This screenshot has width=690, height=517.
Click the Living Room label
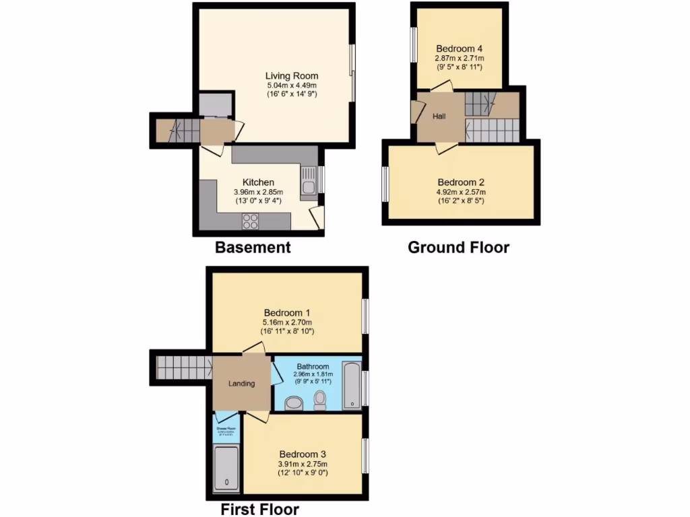pos(291,76)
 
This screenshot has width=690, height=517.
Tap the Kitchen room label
pos(258,182)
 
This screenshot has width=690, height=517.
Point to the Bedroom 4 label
pos(459,48)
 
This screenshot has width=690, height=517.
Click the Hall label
pos(439,116)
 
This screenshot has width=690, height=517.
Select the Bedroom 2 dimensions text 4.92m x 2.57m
pos(461,192)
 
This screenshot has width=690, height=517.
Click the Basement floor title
pos(253,247)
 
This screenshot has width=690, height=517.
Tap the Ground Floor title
pos(458,247)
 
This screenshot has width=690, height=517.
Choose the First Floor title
pos(259,509)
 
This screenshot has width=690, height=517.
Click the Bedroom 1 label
pos(287,313)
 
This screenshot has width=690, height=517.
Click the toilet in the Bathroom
pos(321,401)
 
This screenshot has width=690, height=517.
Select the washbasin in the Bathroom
pos(294,403)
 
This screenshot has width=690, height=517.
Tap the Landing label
pos(241,384)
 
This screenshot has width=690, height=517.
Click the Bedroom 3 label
pos(303,454)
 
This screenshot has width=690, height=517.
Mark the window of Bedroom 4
pos(413,46)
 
